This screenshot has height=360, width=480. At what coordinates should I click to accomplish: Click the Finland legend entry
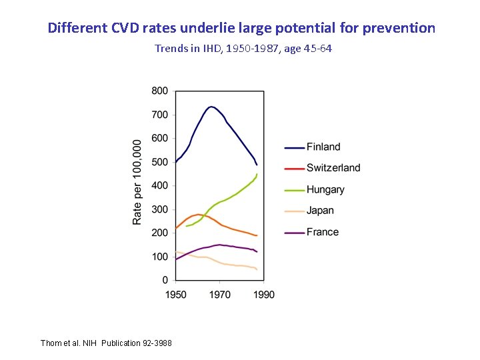pos(323,147)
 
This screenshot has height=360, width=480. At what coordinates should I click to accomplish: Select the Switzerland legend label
pos(333,168)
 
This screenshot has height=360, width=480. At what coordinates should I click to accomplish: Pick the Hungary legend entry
pos(325,189)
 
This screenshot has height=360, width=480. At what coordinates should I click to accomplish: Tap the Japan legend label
pos(320,211)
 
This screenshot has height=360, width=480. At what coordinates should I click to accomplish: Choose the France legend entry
pos(323,232)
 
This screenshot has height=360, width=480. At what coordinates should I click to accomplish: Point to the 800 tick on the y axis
pos(160,91)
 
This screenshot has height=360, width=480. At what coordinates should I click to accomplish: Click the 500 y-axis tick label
pos(160,162)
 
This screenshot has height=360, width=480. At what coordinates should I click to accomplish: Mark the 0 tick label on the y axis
pos(165,281)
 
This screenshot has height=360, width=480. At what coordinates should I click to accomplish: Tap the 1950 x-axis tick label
pos(176,294)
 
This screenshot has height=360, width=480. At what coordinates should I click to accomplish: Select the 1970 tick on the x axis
pos(220,294)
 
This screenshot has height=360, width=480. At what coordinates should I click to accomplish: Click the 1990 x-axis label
pos(264,294)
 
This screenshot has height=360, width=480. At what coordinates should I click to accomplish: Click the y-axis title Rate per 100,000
pos(137,182)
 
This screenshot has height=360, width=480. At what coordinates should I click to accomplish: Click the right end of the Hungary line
pos(257,174)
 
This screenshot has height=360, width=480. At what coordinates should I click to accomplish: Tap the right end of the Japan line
pos(257,269)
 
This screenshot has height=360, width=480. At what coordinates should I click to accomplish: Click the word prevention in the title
pos(399,28)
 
